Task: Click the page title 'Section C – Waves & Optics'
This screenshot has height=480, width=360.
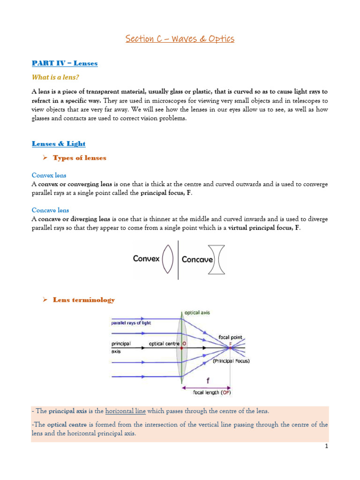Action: [x=180, y=39]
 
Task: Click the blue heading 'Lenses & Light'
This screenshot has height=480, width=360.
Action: [x=59, y=143]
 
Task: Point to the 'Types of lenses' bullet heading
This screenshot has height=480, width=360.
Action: [x=79, y=158]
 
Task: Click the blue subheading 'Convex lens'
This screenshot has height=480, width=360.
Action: [x=49, y=175]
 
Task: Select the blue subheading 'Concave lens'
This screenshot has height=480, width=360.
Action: [x=50, y=210]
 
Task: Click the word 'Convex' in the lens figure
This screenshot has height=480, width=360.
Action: [x=147, y=259]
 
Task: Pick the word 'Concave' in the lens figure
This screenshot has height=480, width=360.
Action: [x=197, y=259]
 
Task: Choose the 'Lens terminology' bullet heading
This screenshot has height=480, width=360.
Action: [x=83, y=300]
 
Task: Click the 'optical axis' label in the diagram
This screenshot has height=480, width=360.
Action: [x=197, y=312]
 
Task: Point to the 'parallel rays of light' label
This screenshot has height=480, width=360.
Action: [x=131, y=323]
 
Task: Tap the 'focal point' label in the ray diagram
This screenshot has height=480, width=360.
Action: [x=230, y=337]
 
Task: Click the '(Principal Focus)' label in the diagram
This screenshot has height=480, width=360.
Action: [x=231, y=361]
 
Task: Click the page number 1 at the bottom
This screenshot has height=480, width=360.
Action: [x=326, y=447]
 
